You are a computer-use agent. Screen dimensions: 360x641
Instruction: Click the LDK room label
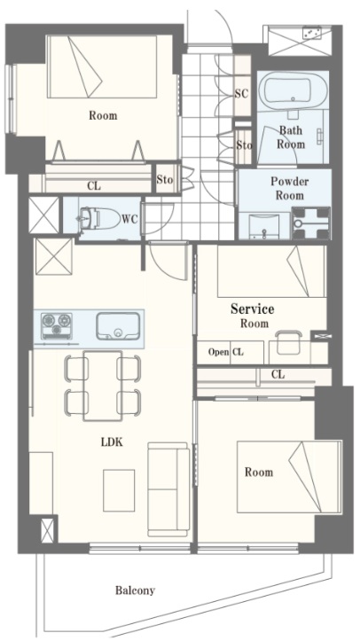tap(112, 442)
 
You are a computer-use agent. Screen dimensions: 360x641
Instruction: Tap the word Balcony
tap(135, 590)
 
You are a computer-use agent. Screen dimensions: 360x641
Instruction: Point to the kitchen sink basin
tap(118, 326)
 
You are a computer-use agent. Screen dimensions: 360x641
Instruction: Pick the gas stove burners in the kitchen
tap(57, 326)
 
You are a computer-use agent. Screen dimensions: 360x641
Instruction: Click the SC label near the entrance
tap(241, 94)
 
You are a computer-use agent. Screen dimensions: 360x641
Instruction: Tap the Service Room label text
tap(253, 316)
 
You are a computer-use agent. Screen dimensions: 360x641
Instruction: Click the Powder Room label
tap(290, 188)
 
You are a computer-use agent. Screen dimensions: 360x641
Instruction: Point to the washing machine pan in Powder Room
tap(311, 223)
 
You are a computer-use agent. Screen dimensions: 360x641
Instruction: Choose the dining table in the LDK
tap(103, 386)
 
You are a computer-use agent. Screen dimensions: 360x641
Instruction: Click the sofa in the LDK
tap(168, 489)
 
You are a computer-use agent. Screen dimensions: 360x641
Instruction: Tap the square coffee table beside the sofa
tap(119, 490)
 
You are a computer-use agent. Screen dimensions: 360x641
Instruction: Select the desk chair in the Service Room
tap(288, 342)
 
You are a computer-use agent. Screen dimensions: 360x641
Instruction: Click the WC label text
tap(129, 219)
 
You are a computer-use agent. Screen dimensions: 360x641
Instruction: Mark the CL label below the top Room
tap(94, 186)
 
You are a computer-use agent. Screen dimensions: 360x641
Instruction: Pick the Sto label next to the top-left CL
tap(165, 179)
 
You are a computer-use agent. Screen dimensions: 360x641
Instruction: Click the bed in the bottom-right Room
tap(289, 476)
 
